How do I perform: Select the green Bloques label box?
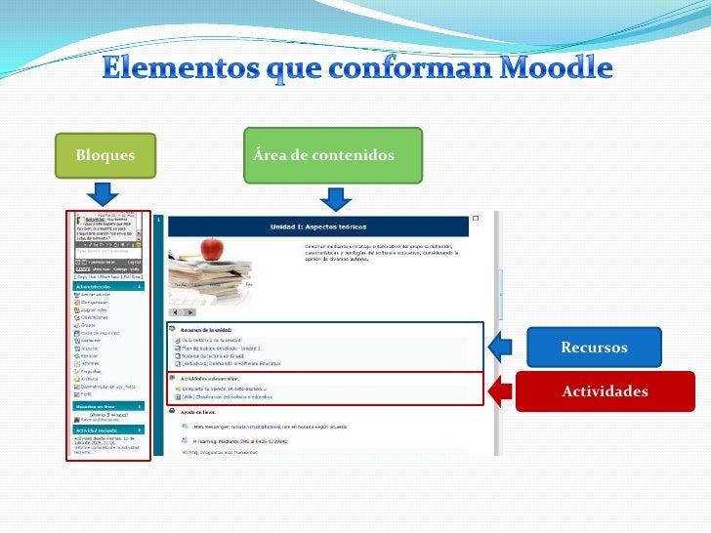click(105, 156)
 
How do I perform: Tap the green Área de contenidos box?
click(333, 156)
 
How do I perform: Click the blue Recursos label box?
click(594, 348)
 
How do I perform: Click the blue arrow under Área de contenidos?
click(335, 199)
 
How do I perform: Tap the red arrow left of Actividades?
click(501, 390)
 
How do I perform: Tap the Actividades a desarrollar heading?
click(214, 378)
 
